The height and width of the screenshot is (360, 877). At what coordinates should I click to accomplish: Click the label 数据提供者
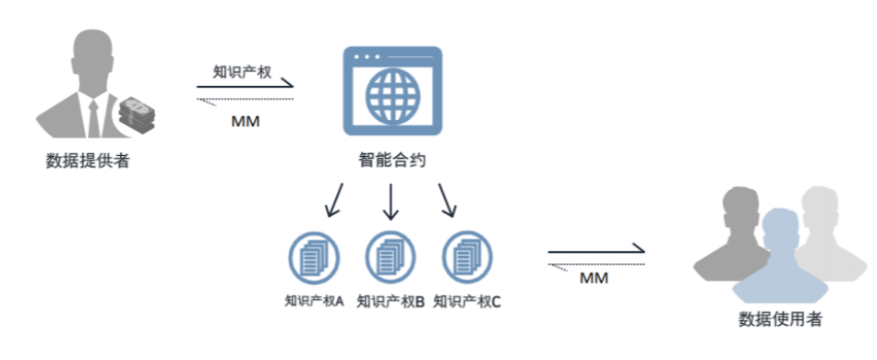(89, 162)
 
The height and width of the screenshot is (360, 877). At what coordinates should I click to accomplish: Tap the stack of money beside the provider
(137, 115)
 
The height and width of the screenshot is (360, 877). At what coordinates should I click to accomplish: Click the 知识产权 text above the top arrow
(242, 71)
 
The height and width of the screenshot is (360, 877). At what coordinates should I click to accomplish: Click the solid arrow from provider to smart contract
(245, 89)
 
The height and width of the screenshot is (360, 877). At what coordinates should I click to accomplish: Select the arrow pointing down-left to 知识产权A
(332, 199)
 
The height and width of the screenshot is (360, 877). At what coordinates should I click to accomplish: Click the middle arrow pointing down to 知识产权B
(390, 201)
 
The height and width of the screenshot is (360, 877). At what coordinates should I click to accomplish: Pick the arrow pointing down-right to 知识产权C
(449, 199)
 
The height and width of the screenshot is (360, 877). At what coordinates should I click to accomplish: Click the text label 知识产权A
(314, 301)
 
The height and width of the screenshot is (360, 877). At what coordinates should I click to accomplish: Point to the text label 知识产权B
(390, 301)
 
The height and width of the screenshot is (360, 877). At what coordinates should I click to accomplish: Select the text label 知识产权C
(467, 301)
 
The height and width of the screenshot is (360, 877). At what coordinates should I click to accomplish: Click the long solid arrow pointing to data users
(595, 250)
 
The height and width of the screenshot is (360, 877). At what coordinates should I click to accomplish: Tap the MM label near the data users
(594, 278)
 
